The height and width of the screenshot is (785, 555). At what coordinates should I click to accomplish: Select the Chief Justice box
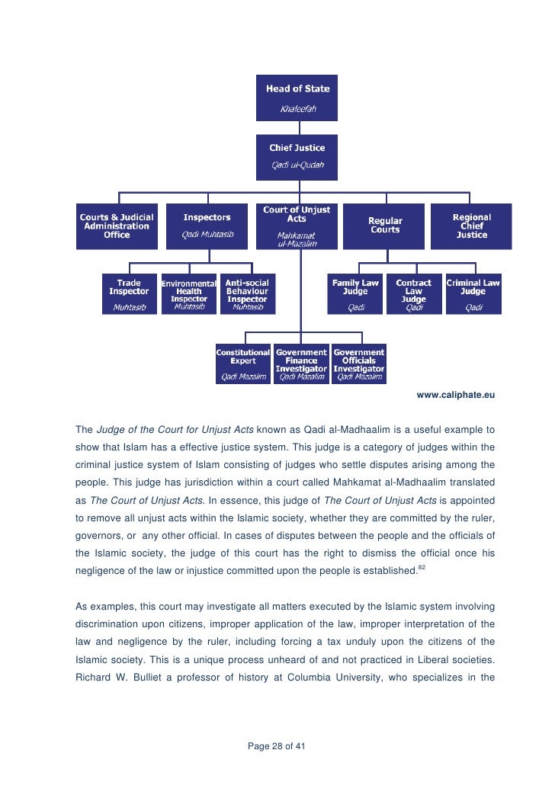coord(297,156)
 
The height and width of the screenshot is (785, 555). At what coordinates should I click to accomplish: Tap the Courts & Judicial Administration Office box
coord(117,226)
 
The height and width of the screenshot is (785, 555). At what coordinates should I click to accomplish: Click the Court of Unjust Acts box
coord(297,226)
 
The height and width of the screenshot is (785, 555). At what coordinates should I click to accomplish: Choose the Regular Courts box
coord(384,226)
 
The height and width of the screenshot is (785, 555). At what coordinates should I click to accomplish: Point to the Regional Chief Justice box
coord(471,226)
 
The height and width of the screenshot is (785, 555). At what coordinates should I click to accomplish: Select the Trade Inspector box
coord(129,294)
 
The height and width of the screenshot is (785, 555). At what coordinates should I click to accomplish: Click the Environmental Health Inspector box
coord(188,294)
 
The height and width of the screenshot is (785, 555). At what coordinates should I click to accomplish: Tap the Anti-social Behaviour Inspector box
coord(247,294)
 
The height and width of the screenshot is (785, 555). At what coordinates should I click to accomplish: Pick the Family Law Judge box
coord(355,294)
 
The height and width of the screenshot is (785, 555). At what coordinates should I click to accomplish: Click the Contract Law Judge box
coord(414,294)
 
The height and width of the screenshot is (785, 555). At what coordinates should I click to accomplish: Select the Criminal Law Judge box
coord(473,294)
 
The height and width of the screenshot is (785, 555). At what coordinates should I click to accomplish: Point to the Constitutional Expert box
coord(243,364)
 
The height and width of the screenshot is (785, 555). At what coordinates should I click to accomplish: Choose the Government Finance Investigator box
coord(301,364)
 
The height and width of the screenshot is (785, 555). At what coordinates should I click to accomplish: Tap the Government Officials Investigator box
coord(359,364)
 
